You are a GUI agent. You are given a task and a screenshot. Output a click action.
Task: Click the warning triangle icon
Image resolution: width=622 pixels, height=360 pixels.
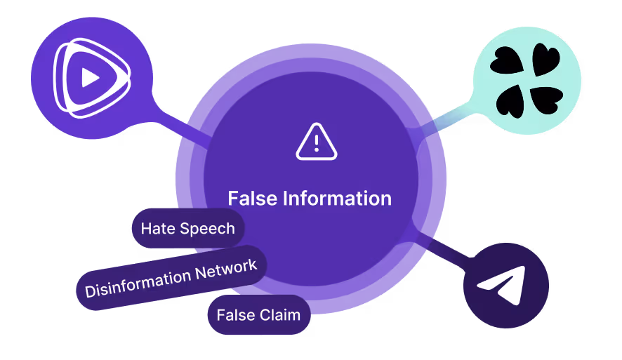tap(317, 142)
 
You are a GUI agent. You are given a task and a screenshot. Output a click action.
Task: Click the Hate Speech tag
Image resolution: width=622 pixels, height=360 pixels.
tap(187, 229)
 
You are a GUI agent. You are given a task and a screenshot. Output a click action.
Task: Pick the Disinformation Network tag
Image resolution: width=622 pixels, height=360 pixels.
tap(171, 277)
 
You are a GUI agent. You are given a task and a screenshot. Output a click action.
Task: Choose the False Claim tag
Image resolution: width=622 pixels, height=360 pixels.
tap(258, 315)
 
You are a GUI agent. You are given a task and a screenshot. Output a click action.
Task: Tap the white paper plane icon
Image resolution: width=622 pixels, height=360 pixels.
tap(503, 284)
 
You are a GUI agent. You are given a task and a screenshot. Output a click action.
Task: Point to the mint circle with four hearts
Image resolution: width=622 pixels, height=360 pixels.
tap(527, 81)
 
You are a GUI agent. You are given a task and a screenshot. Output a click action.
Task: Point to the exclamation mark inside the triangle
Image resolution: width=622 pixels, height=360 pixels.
tap(317, 144)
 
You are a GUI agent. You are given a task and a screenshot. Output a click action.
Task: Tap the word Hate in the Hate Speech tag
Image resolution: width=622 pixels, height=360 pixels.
tap(156, 229)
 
